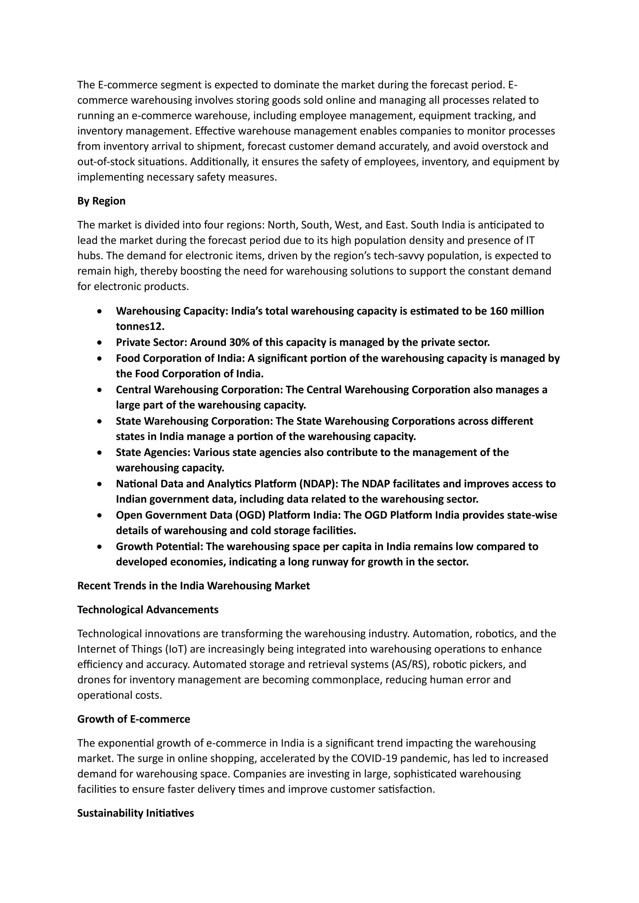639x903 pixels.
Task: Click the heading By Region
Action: click(101, 201)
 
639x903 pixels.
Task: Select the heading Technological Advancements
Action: click(148, 610)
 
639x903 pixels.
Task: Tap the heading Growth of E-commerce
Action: click(134, 719)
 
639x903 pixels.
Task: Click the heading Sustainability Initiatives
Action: click(135, 813)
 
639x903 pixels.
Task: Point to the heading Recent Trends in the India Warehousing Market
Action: click(193, 586)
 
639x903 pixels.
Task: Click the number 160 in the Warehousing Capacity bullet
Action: click(499, 311)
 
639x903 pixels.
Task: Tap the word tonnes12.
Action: click(140, 326)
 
